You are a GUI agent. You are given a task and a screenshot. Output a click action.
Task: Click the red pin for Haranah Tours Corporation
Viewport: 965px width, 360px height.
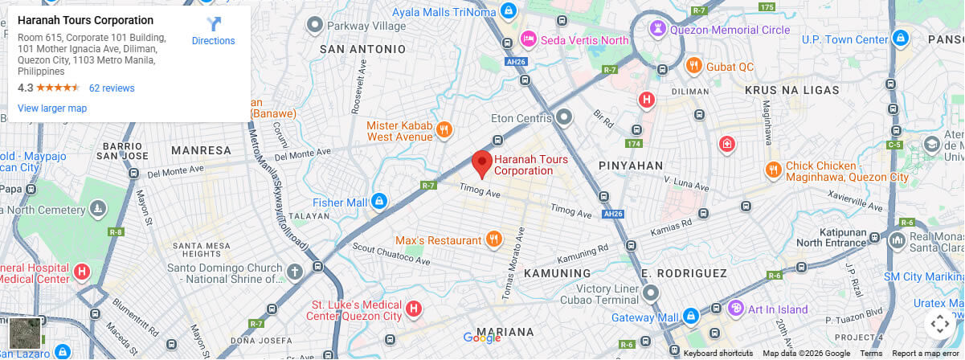(x=481, y=162)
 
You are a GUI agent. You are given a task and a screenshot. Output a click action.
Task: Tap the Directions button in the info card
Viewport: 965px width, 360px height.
(x=213, y=31)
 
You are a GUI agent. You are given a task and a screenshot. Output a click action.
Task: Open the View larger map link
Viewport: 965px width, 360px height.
(x=52, y=108)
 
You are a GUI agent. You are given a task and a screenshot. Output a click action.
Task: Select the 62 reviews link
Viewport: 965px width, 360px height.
(x=112, y=88)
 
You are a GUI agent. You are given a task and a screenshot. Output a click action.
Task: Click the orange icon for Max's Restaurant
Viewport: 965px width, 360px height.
(x=494, y=239)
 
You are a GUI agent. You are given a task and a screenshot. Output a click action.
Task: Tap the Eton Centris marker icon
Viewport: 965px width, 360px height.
(x=565, y=117)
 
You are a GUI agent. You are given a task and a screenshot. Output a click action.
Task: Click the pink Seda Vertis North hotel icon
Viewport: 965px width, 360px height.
(x=528, y=39)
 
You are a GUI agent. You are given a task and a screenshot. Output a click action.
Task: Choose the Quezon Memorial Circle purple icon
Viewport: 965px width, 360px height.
(x=658, y=29)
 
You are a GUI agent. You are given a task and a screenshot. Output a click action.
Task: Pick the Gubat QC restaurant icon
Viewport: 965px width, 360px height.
(x=693, y=66)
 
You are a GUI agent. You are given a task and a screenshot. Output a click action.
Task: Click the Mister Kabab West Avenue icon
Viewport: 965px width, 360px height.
(x=444, y=129)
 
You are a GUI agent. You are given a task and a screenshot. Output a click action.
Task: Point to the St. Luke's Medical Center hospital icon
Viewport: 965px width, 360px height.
(x=413, y=309)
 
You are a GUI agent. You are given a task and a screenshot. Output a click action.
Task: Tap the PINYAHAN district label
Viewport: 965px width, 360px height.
(x=631, y=166)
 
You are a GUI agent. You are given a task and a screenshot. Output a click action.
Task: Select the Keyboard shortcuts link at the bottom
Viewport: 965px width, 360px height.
(x=718, y=354)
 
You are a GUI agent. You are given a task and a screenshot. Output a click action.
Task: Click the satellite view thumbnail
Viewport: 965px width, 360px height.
(x=24, y=333)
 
